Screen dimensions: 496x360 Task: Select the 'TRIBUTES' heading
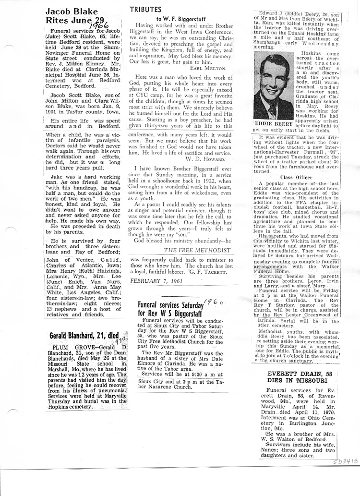[148, 10]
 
